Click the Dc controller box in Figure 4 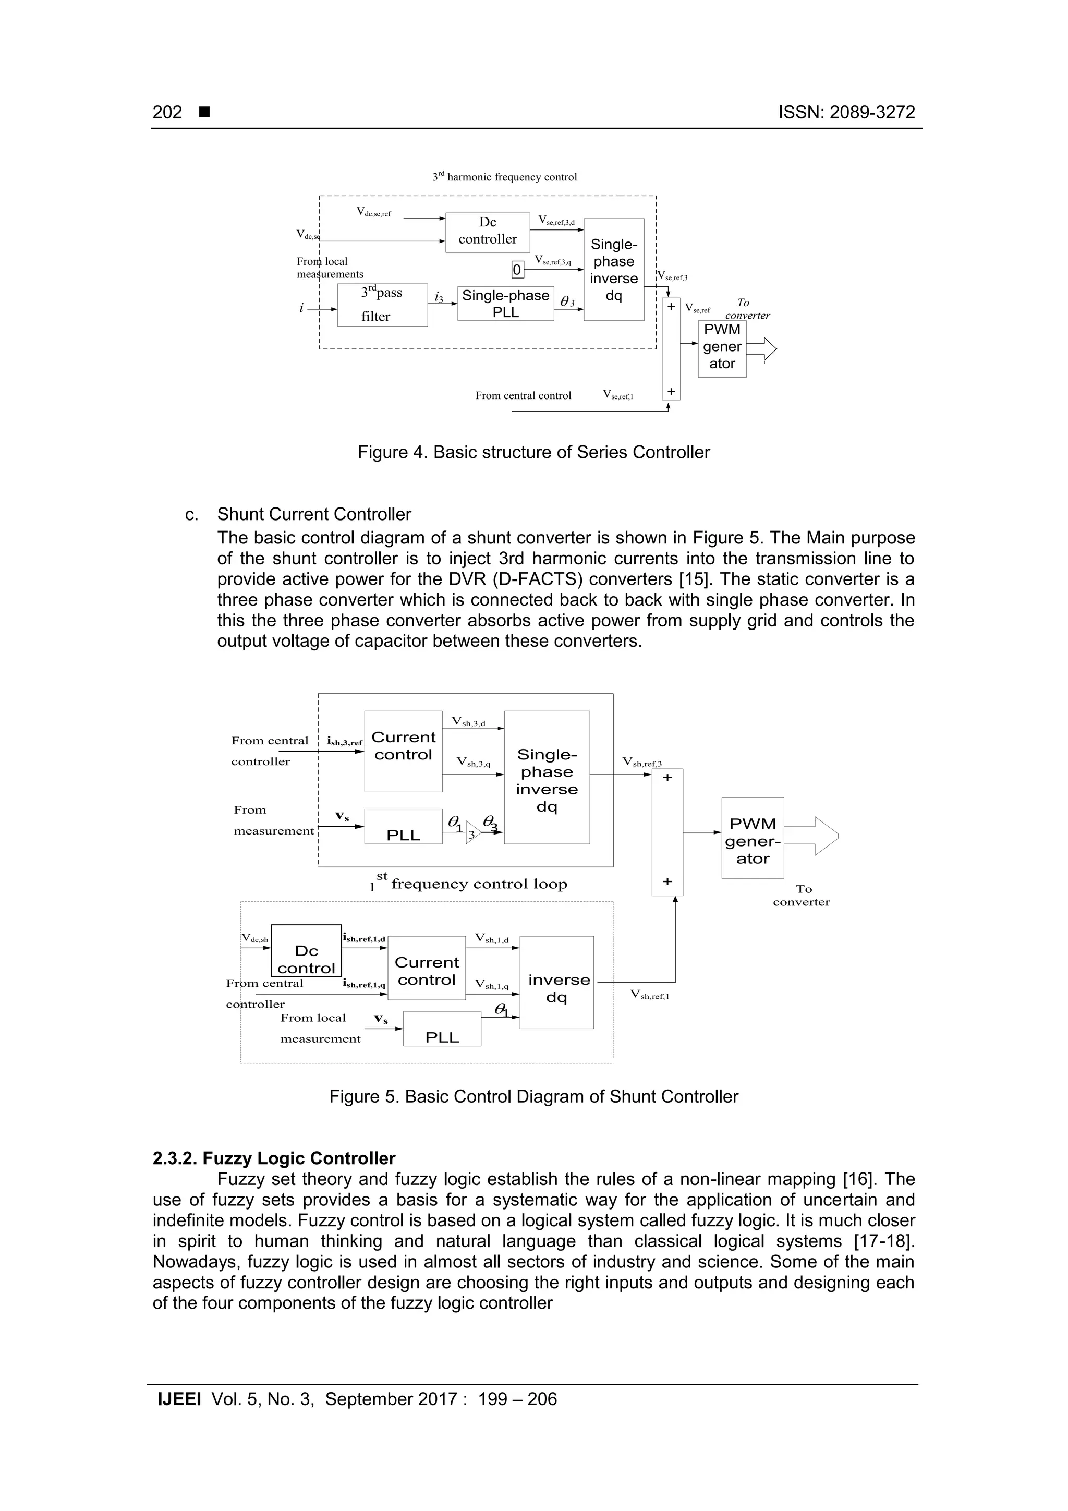[488, 232]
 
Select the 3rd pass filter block [382, 305]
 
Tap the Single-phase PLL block [505, 304]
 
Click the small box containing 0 [517, 270]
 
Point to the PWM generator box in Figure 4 [722, 348]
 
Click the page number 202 [167, 113]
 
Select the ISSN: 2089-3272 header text [846, 113]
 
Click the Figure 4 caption [533, 452]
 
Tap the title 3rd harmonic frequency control [505, 177]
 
